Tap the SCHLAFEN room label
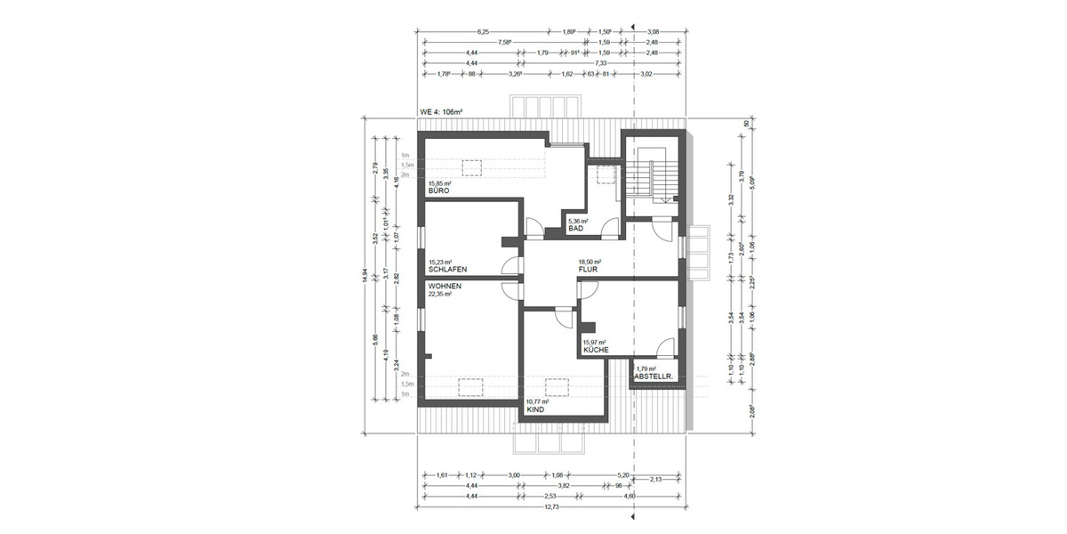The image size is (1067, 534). point(448,270)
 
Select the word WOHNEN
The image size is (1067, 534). point(444,286)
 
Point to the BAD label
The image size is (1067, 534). point(575,229)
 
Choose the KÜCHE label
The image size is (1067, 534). point(596,351)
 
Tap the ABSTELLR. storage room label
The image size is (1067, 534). point(652,377)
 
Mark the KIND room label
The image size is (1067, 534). point(534,410)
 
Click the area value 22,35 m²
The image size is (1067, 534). point(440,294)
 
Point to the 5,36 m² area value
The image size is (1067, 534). point(580,221)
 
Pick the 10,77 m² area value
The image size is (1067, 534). point(538,402)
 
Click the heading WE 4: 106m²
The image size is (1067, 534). point(441,112)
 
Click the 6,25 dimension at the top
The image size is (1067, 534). point(483,31)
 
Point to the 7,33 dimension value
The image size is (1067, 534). point(602,63)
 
